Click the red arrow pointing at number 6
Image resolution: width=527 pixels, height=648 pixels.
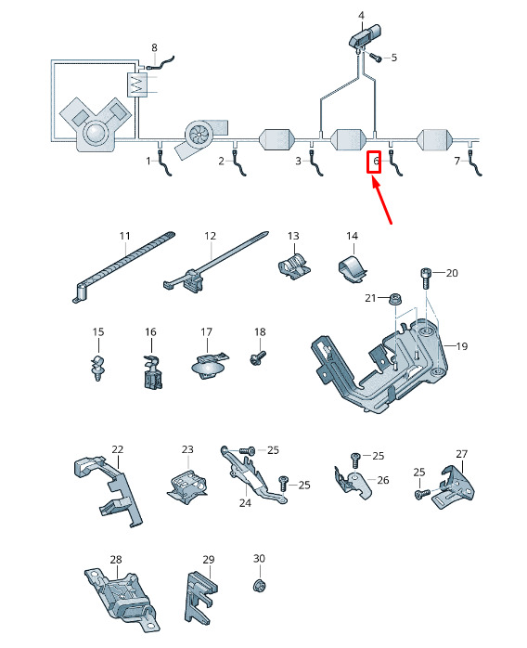(x=382, y=201)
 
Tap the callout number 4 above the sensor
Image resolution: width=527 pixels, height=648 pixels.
(x=361, y=16)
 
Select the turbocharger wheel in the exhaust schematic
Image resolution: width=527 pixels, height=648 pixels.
(x=198, y=134)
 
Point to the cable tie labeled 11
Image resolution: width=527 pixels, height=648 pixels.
(x=124, y=267)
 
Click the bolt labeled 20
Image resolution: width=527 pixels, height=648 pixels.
(x=426, y=279)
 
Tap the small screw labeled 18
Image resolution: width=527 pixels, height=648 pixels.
(x=258, y=358)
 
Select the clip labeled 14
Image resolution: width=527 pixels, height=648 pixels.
(x=353, y=269)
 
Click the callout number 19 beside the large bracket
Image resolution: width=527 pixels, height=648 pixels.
(x=462, y=346)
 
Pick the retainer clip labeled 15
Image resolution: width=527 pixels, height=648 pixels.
(x=97, y=367)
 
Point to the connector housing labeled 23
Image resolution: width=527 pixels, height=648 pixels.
(x=187, y=486)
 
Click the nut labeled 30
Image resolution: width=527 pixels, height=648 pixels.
(x=259, y=586)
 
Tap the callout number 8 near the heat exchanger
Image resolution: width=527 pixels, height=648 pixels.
(x=154, y=47)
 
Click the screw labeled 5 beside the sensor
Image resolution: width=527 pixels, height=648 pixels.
(x=376, y=57)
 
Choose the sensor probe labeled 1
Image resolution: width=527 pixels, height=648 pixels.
(x=164, y=163)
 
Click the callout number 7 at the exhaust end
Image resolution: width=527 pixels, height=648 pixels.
(x=456, y=161)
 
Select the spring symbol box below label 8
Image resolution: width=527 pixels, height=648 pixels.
(x=137, y=85)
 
